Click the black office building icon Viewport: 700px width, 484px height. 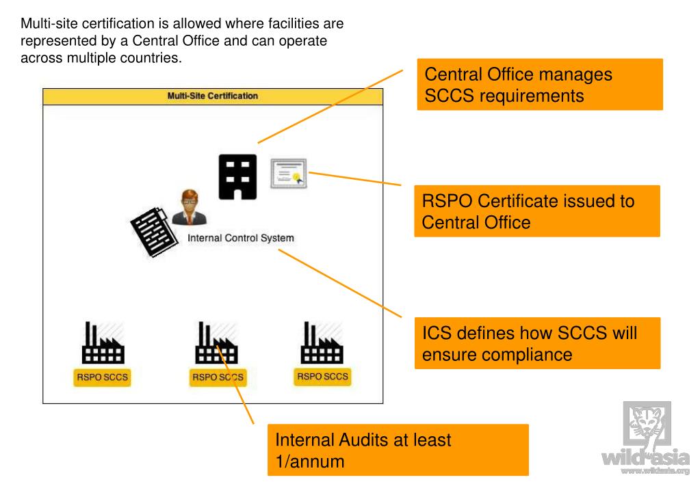(x=237, y=177)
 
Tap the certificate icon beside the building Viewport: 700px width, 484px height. (x=288, y=174)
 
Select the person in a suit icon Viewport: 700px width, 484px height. (x=188, y=208)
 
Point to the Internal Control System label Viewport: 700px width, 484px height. (x=240, y=239)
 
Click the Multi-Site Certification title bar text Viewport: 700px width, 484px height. (x=213, y=96)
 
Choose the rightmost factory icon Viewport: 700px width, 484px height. (x=322, y=343)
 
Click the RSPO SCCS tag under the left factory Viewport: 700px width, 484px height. (x=101, y=377)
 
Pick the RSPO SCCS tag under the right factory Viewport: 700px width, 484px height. (x=322, y=377)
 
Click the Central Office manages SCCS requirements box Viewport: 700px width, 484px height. (x=539, y=85)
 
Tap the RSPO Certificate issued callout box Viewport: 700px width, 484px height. (x=536, y=211)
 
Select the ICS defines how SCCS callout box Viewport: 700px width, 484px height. (x=537, y=343)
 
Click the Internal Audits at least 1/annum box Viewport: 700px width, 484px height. (x=398, y=450)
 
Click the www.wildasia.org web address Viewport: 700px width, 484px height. (x=655, y=471)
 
